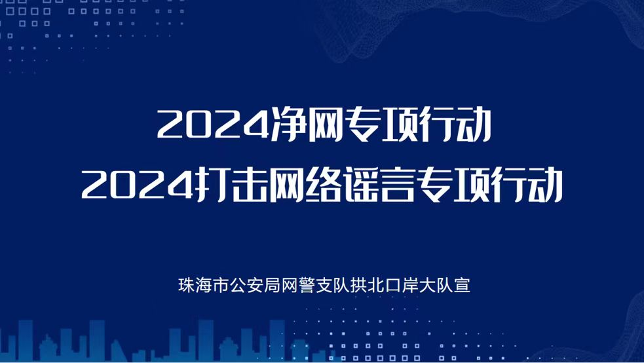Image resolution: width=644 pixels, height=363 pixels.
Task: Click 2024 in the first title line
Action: (213, 124)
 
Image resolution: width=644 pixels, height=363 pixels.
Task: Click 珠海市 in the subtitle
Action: (203, 286)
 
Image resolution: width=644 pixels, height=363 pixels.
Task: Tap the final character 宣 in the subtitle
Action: (462, 286)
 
